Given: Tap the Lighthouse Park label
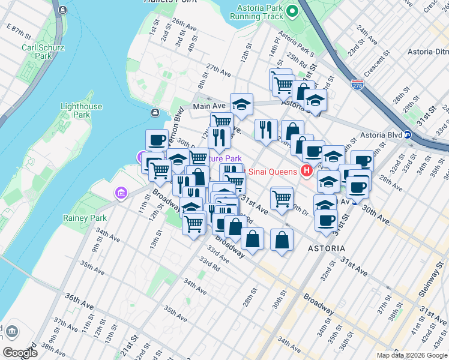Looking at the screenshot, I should click(x=82, y=110).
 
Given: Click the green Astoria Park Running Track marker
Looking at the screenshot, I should click(x=292, y=11).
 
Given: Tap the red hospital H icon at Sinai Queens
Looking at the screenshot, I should click(x=307, y=172).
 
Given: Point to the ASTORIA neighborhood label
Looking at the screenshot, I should click(x=326, y=248).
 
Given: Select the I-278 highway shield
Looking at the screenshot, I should click(x=358, y=85).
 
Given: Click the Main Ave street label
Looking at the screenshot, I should click(x=209, y=106).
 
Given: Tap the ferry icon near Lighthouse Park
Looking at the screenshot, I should click(x=155, y=112).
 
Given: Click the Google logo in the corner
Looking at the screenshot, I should click(x=20, y=352).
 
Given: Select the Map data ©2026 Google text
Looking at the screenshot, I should click(x=412, y=355).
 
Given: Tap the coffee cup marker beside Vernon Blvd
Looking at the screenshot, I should click(x=157, y=140).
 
